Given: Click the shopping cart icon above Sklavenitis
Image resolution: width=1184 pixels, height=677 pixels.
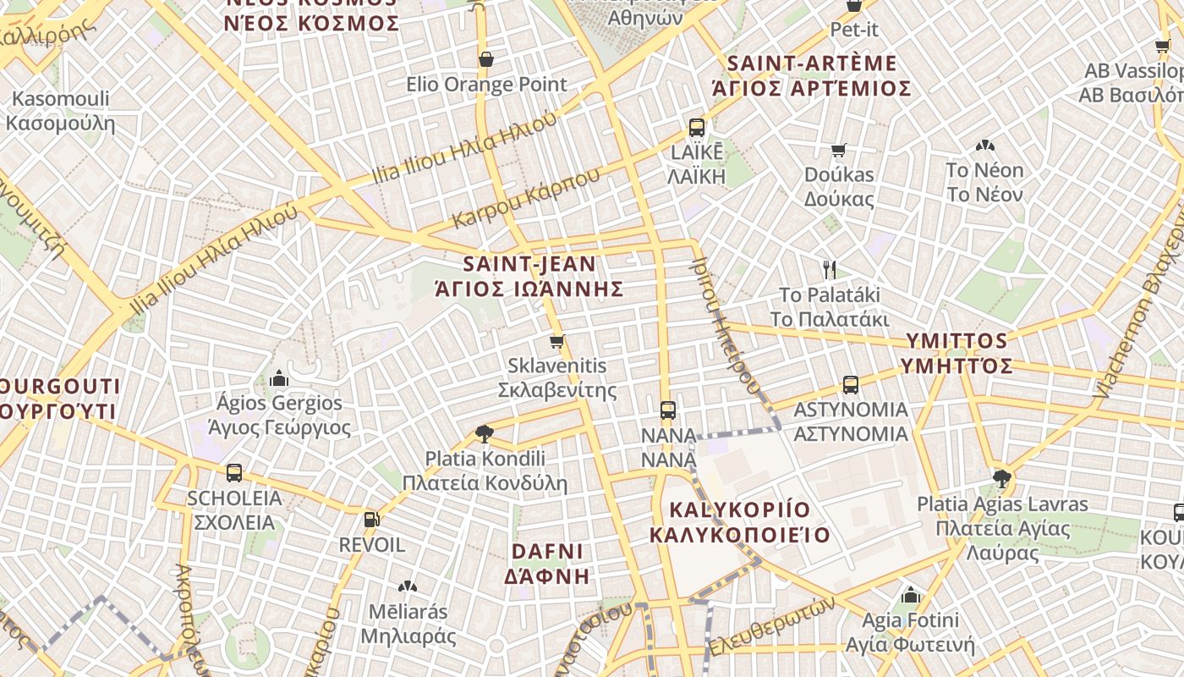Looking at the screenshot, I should point(556,342).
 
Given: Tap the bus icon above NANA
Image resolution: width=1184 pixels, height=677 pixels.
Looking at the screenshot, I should point(668,410).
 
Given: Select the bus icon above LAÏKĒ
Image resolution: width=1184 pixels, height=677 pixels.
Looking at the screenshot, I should point(696,128).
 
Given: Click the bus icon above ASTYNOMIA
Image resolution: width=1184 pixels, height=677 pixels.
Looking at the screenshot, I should point(850,385).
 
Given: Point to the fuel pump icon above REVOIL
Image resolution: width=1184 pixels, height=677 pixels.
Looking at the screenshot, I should point(370,519).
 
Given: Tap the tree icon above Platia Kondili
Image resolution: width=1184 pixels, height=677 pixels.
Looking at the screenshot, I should point(485,434).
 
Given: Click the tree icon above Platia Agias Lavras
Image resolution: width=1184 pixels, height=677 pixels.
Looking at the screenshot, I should point(1002,479).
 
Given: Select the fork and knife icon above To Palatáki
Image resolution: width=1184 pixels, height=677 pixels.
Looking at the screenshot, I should point(830,270).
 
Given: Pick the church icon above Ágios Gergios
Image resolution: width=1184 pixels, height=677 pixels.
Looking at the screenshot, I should point(279,378).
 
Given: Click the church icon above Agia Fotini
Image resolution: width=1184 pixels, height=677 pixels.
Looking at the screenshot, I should point(910,595).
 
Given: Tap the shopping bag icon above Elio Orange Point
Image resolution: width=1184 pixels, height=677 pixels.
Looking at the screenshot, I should point(486,59).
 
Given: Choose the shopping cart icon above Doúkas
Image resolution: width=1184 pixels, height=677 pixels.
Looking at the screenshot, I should point(838,150).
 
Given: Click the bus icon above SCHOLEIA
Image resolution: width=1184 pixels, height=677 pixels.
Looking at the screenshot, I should point(234,473).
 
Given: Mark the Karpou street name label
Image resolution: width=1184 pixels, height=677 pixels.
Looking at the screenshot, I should point(526,197).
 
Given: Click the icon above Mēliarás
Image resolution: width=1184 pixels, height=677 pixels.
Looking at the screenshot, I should point(408,586).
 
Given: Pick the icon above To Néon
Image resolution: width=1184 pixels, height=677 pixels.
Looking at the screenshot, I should point(984,146).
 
